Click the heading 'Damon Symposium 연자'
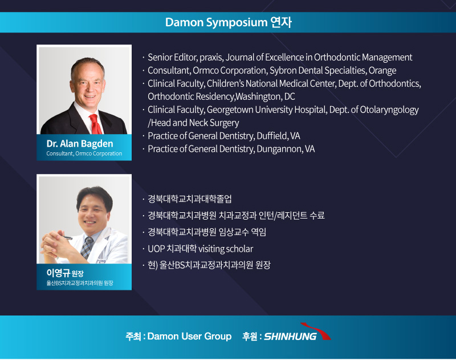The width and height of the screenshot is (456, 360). point(229,22)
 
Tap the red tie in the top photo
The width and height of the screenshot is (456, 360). point(95,124)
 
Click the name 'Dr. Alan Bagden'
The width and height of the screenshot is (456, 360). point(80,143)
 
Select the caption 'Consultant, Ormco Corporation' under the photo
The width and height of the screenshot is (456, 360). point(84,153)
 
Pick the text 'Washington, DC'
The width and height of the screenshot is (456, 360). point(265,96)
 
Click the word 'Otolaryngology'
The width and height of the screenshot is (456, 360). point(389,110)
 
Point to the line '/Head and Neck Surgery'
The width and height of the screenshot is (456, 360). point(193,123)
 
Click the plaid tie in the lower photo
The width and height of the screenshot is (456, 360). point(87,248)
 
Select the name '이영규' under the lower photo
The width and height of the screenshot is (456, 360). point(58,273)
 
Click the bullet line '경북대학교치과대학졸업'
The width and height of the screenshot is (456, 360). point(190,199)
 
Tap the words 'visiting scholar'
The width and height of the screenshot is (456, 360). point(226,249)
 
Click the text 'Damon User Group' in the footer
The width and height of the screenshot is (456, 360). point(189,336)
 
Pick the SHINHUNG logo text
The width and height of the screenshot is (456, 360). point(290,337)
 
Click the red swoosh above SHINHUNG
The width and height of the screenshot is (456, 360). point(319,330)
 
